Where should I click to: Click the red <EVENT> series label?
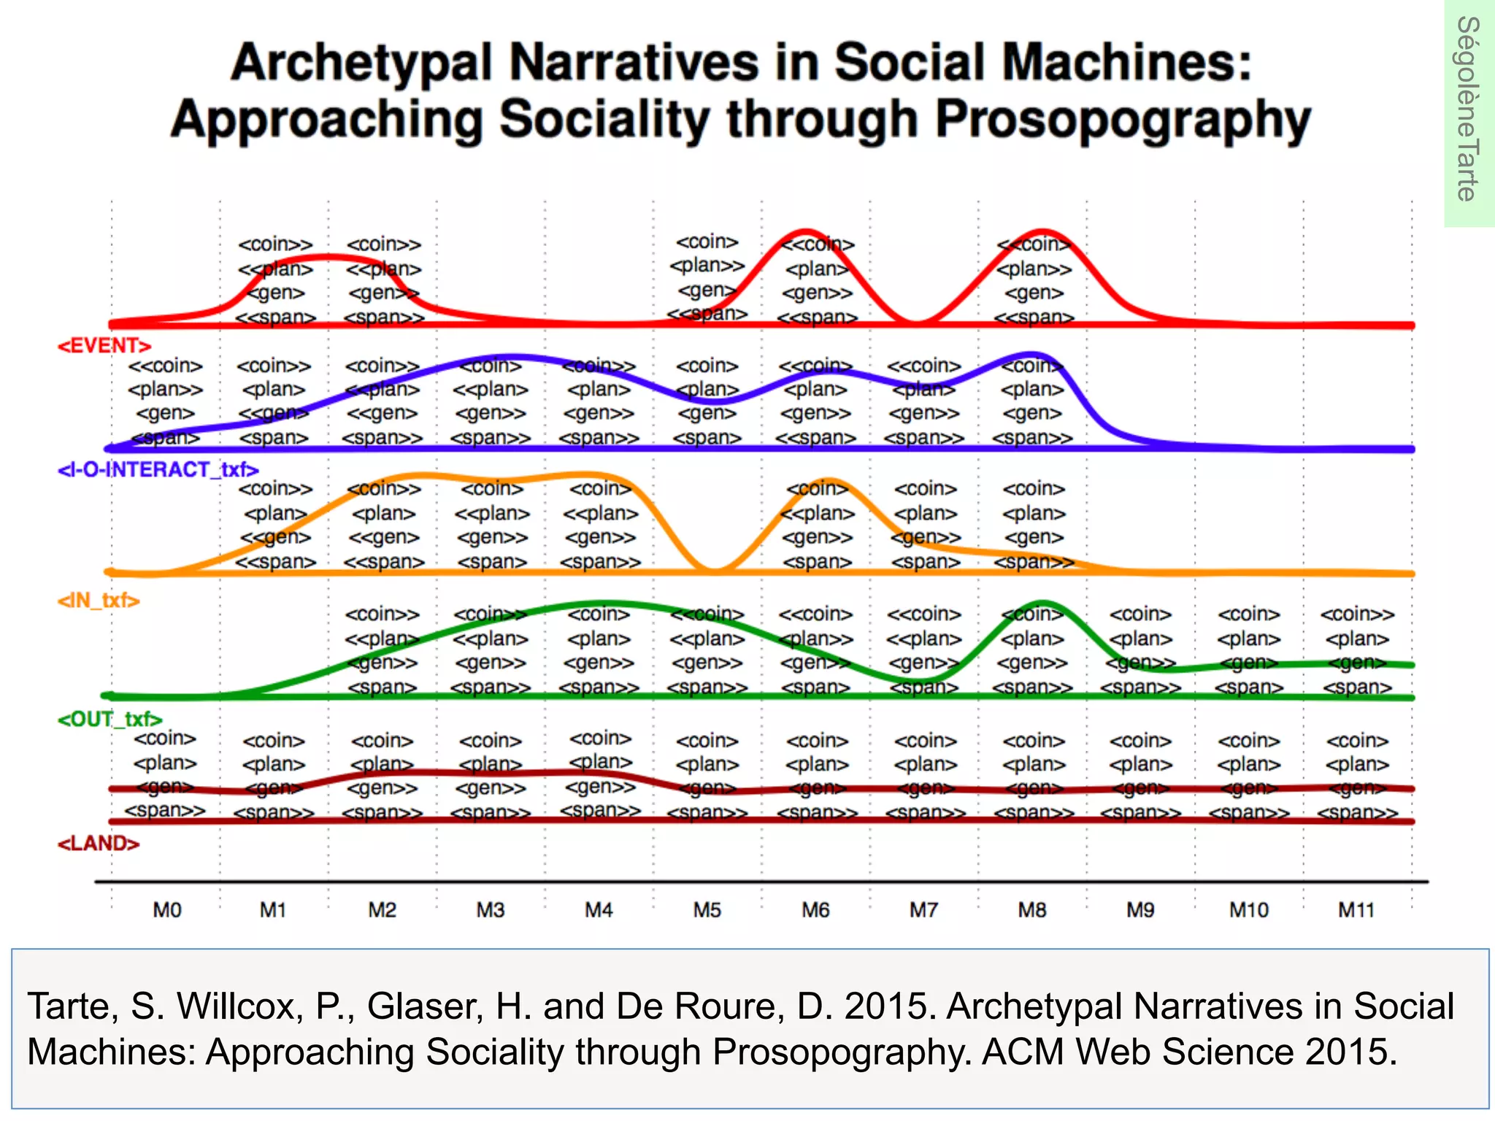(104, 345)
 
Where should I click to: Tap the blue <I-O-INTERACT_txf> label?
(158, 469)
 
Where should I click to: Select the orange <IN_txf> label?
(99, 601)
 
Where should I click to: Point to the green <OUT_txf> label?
(109, 720)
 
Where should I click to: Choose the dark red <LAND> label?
(99, 844)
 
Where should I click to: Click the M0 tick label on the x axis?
(166, 910)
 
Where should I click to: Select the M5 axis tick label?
(707, 910)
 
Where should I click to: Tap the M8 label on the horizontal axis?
(1032, 910)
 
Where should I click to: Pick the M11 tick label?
(1356, 910)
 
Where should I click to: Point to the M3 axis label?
(491, 910)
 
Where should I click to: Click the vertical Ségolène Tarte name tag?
(1468, 109)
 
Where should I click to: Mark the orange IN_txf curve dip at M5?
(716, 571)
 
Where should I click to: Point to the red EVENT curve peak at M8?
(1044, 231)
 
